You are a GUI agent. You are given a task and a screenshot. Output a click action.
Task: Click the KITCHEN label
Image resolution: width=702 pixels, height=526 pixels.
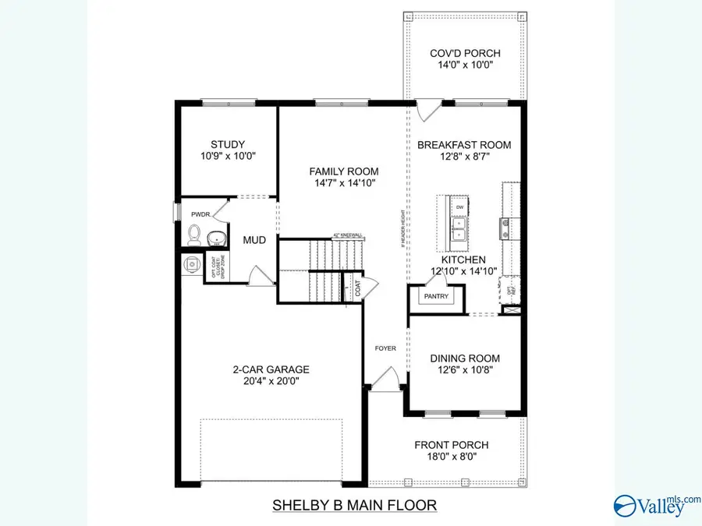(x=464, y=259)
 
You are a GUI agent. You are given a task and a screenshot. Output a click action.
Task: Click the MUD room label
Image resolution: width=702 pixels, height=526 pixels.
(x=254, y=240)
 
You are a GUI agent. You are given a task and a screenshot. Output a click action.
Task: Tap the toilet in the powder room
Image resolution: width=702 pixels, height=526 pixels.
(x=195, y=234)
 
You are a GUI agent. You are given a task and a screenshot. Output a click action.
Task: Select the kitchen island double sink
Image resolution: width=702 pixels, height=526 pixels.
(x=459, y=228)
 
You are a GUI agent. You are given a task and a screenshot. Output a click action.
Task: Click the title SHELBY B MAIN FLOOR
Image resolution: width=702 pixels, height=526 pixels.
(x=354, y=505)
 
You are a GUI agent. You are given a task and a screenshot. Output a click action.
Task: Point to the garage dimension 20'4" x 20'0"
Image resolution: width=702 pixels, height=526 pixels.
(x=271, y=382)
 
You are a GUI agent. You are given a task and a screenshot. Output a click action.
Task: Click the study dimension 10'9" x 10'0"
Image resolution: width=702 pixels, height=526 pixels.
(x=228, y=156)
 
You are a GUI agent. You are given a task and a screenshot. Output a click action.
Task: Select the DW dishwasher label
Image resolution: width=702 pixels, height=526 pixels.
(x=459, y=207)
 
